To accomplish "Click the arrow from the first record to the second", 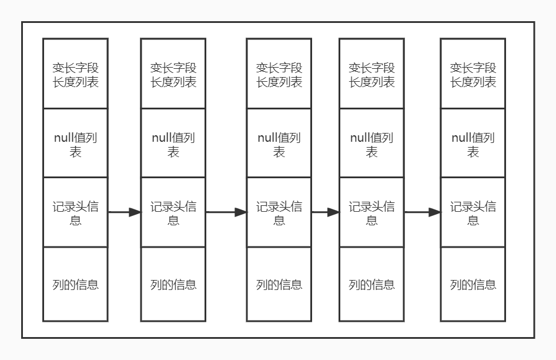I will pyautogui.click(x=124, y=212).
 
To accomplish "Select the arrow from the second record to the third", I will pyautogui.click(x=226, y=212).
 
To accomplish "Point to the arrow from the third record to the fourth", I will pyautogui.click(x=325, y=212).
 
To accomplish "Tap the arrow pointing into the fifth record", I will pyautogui.click(x=422, y=212).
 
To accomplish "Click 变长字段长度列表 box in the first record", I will pyautogui.click(x=75, y=74).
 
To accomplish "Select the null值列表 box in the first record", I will pyautogui.click(x=75, y=144).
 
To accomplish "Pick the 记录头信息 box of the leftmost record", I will pyautogui.click(x=75, y=213).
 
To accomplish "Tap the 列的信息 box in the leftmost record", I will pyautogui.click(x=75, y=285).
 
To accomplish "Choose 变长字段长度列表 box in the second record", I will pyautogui.click(x=173, y=74).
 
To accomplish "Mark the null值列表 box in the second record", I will pyautogui.click(x=173, y=144).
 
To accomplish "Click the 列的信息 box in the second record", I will pyautogui.click(x=173, y=285).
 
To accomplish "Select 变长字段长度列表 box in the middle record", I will pyautogui.click(x=279, y=74).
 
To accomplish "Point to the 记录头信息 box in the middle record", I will pyautogui.click(x=279, y=213).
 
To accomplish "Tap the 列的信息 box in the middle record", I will pyautogui.click(x=279, y=285).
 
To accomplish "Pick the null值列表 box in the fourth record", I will pyautogui.click(x=371, y=144).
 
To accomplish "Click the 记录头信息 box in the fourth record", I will pyautogui.click(x=371, y=213).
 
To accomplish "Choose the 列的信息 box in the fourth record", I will pyautogui.click(x=371, y=285).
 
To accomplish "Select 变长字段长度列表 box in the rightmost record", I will pyautogui.click(x=473, y=74).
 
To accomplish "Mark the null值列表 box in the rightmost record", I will pyautogui.click(x=473, y=144).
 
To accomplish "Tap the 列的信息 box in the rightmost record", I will pyautogui.click(x=473, y=285).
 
